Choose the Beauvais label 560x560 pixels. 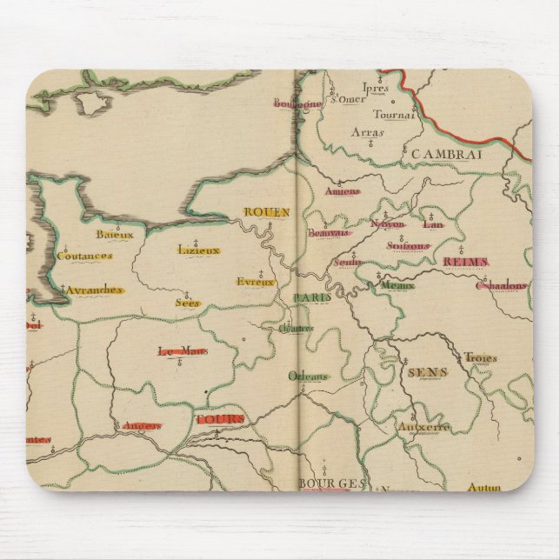click(328, 233)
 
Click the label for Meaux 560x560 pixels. click(396, 284)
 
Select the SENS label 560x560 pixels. click(426, 371)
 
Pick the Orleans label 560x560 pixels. click(309, 377)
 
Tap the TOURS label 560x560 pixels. click(220, 419)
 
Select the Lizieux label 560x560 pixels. click(197, 250)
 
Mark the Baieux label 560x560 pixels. click(113, 233)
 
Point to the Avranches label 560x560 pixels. click(96, 290)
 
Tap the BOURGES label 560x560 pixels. click(323, 483)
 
